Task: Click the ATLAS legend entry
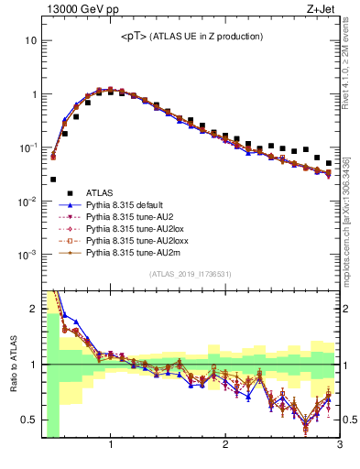100,192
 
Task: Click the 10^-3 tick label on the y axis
27,255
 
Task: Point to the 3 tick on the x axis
339,446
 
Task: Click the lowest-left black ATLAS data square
53,180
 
